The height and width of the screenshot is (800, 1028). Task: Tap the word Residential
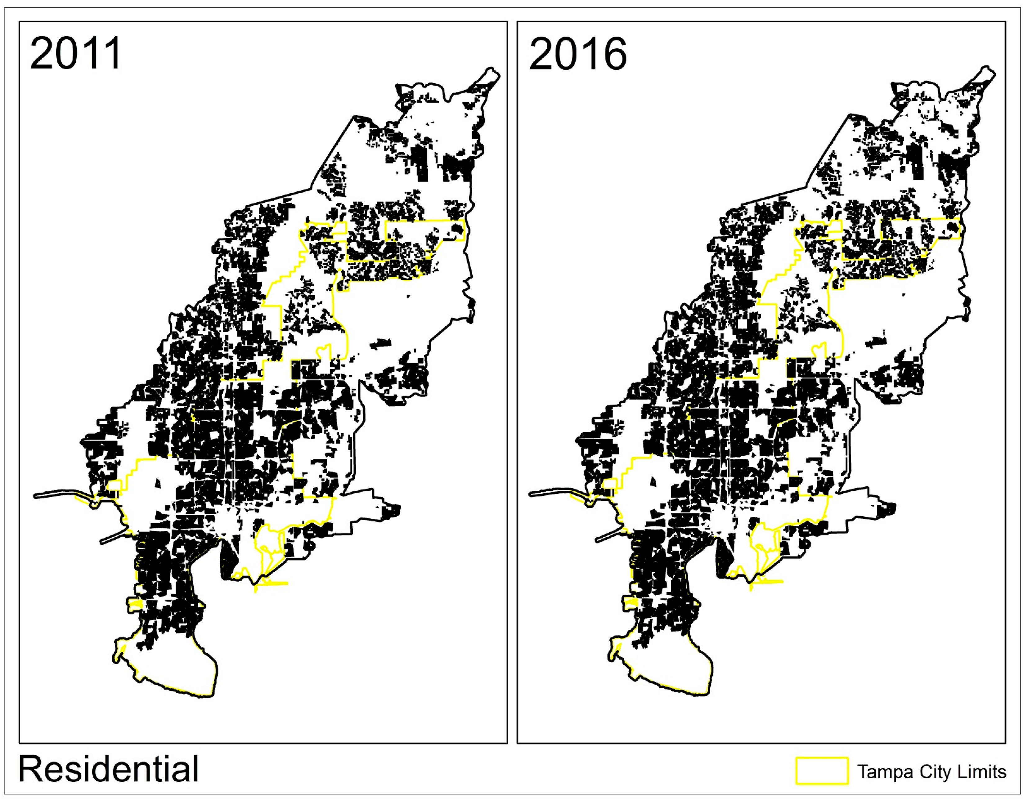click(108, 769)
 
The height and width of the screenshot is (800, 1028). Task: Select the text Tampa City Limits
click(931, 772)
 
